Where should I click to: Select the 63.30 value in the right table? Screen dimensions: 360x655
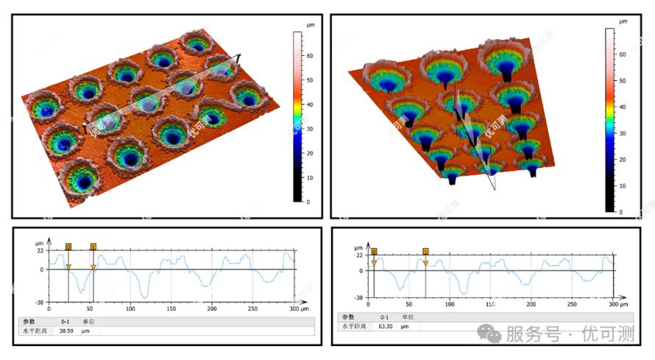[x=386, y=325]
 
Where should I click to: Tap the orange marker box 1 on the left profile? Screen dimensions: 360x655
[x=93, y=247]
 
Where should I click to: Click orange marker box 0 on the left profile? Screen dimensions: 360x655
[x=68, y=247]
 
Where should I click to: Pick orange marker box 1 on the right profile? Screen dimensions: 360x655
[x=425, y=252]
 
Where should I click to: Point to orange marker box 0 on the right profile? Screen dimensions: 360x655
[x=374, y=252]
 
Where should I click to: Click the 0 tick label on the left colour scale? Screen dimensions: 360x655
[x=308, y=202]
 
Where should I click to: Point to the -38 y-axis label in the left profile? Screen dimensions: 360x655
[x=38, y=303]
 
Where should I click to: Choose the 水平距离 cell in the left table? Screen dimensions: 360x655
[x=34, y=331]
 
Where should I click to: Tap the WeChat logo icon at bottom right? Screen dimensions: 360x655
[x=491, y=335]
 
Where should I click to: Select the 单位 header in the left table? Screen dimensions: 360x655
[x=89, y=322]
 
